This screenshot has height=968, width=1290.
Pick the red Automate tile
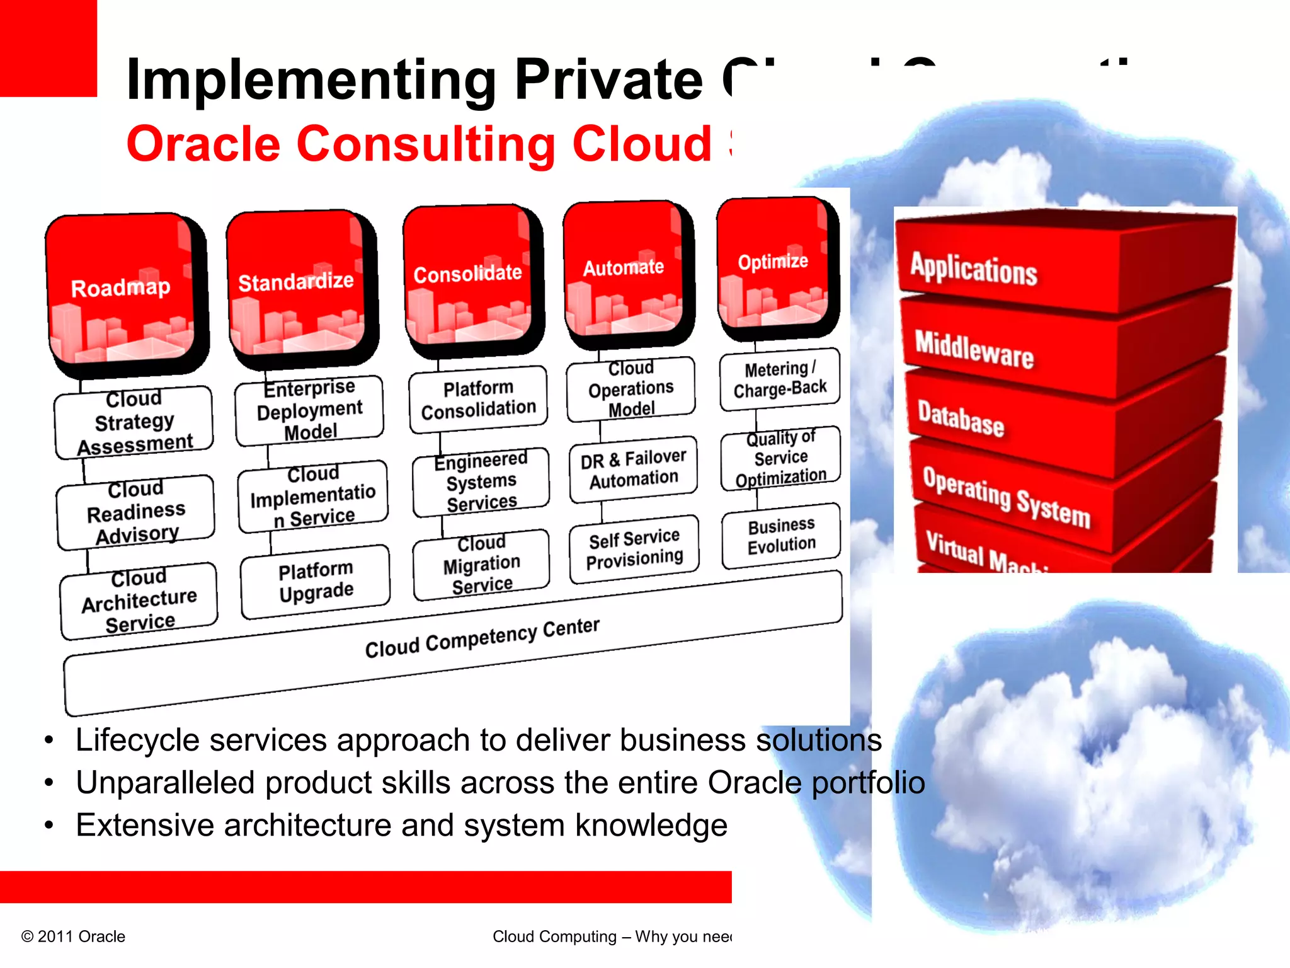624,268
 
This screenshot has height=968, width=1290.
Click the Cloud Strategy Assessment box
134,422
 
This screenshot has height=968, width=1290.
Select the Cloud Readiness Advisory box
135,512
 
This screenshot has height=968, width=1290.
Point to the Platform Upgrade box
316,581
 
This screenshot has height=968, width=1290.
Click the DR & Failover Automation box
634,468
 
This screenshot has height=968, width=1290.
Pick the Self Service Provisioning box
634,548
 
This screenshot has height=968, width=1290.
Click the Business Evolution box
781,535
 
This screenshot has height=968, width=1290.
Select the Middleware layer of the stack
974,350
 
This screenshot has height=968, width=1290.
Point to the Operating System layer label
1006,497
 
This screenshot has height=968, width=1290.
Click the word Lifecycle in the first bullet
137,740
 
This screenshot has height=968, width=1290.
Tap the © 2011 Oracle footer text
74,936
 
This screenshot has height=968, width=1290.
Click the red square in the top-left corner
48,48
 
